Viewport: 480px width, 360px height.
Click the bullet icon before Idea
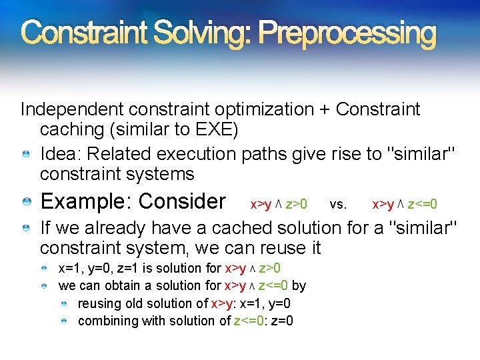pos(25,155)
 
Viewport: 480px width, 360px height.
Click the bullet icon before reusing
pos(63,304)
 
